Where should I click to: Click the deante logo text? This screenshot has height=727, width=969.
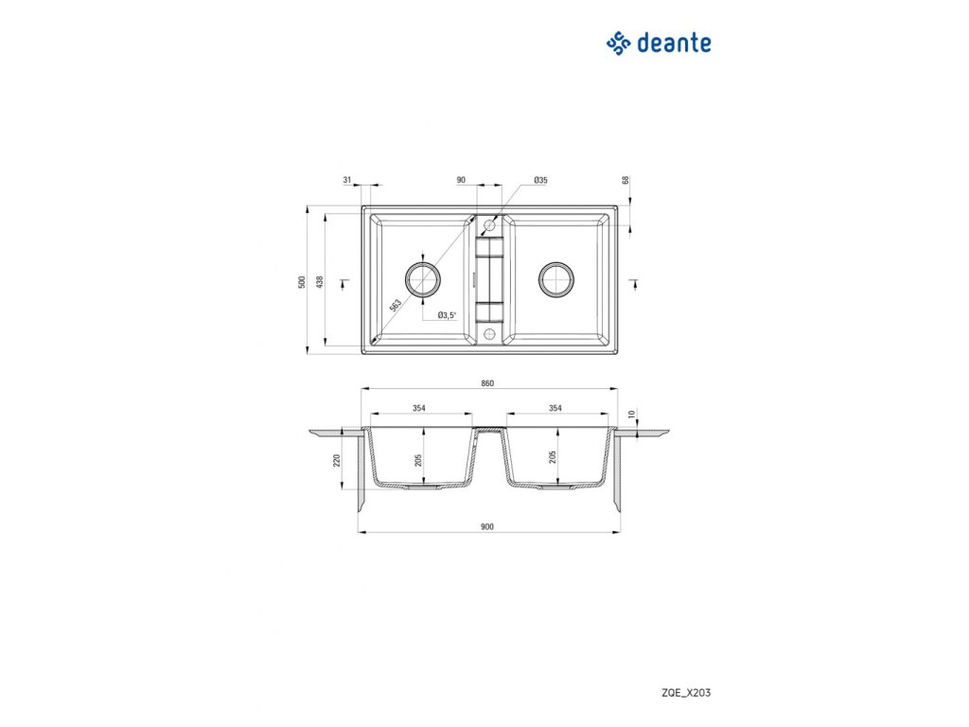pos(674,43)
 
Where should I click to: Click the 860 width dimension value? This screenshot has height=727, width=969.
pos(488,383)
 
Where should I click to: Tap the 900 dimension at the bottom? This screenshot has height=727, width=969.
pos(488,526)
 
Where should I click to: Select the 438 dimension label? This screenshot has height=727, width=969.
pos(321,281)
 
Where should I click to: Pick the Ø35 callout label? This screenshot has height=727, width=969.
pos(541,180)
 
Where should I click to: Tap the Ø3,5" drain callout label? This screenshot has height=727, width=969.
pos(447,315)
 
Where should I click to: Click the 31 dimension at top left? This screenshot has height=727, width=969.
pos(347,180)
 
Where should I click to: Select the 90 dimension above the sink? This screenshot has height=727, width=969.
pos(461,180)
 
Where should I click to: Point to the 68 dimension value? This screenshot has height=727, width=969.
pos(625,181)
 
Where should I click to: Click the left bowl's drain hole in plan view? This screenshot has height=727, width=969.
pos(422,278)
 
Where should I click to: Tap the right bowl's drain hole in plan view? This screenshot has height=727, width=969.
pos(555,278)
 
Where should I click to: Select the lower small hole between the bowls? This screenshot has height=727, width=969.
pos(489,334)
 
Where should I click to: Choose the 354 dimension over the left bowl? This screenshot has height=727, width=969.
pos(419,408)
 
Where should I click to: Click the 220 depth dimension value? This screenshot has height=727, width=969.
pos(338,461)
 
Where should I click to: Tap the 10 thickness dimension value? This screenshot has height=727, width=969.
pos(632,414)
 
